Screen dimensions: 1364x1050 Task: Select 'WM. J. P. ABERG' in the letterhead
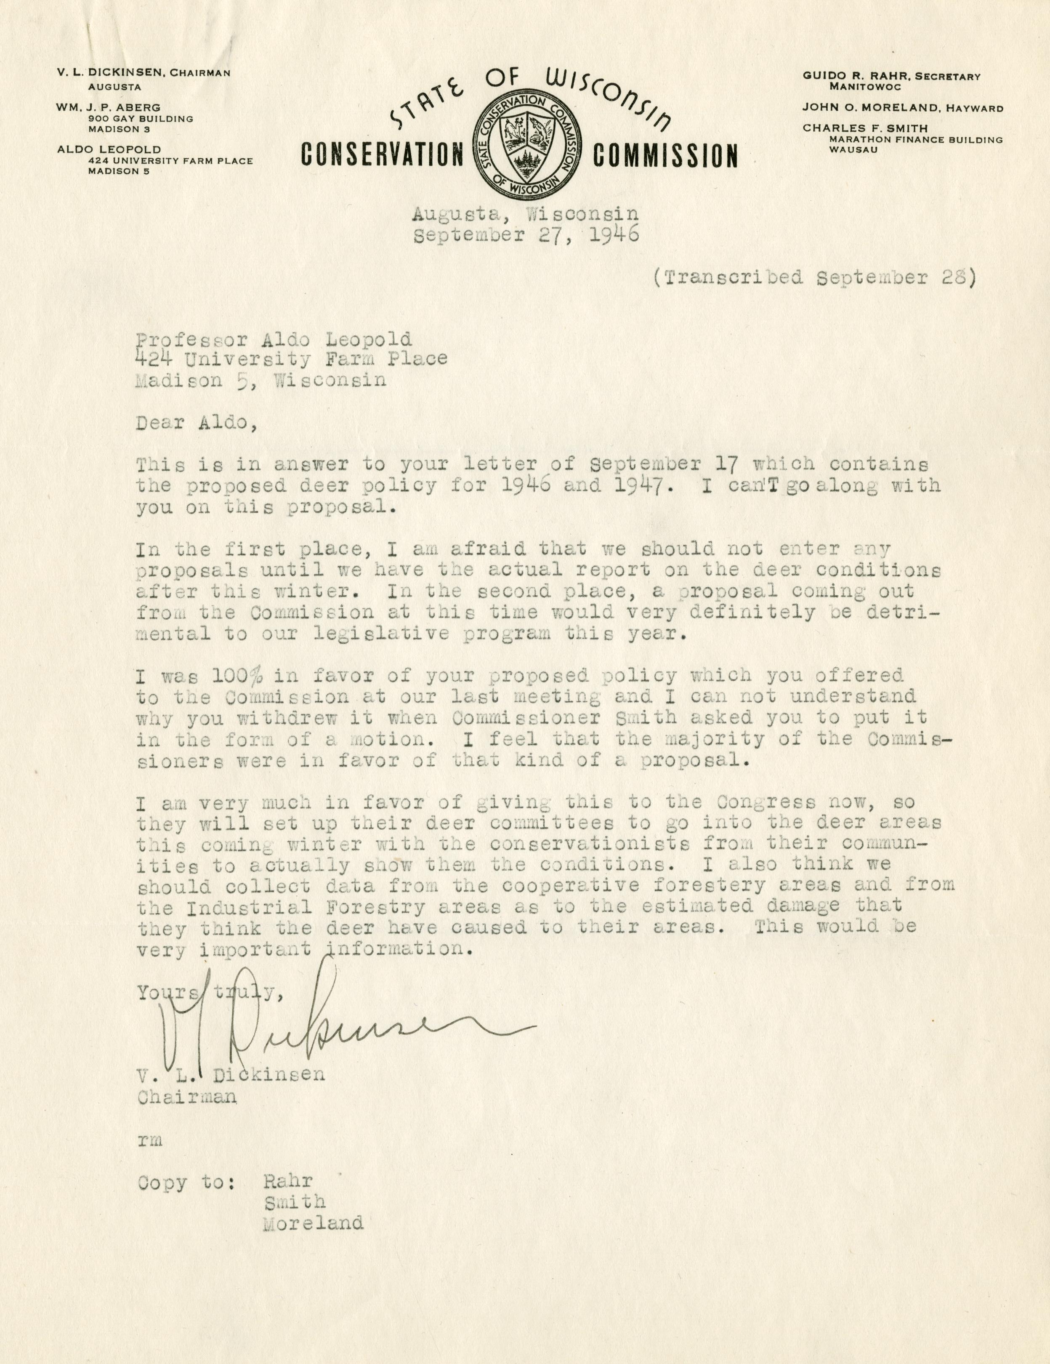click(108, 107)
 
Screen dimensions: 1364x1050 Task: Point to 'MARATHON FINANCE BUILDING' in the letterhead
click(915, 139)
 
